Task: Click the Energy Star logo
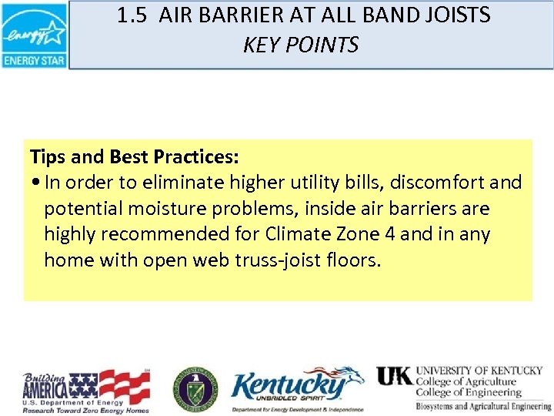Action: pyautogui.click(x=34, y=35)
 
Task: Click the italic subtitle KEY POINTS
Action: pyautogui.click(x=301, y=45)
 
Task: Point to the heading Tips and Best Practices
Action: pyautogui.click(x=135, y=157)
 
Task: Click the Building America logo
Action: pyautogui.click(x=85, y=390)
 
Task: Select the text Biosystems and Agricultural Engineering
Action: pyautogui.click(x=483, y=406)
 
